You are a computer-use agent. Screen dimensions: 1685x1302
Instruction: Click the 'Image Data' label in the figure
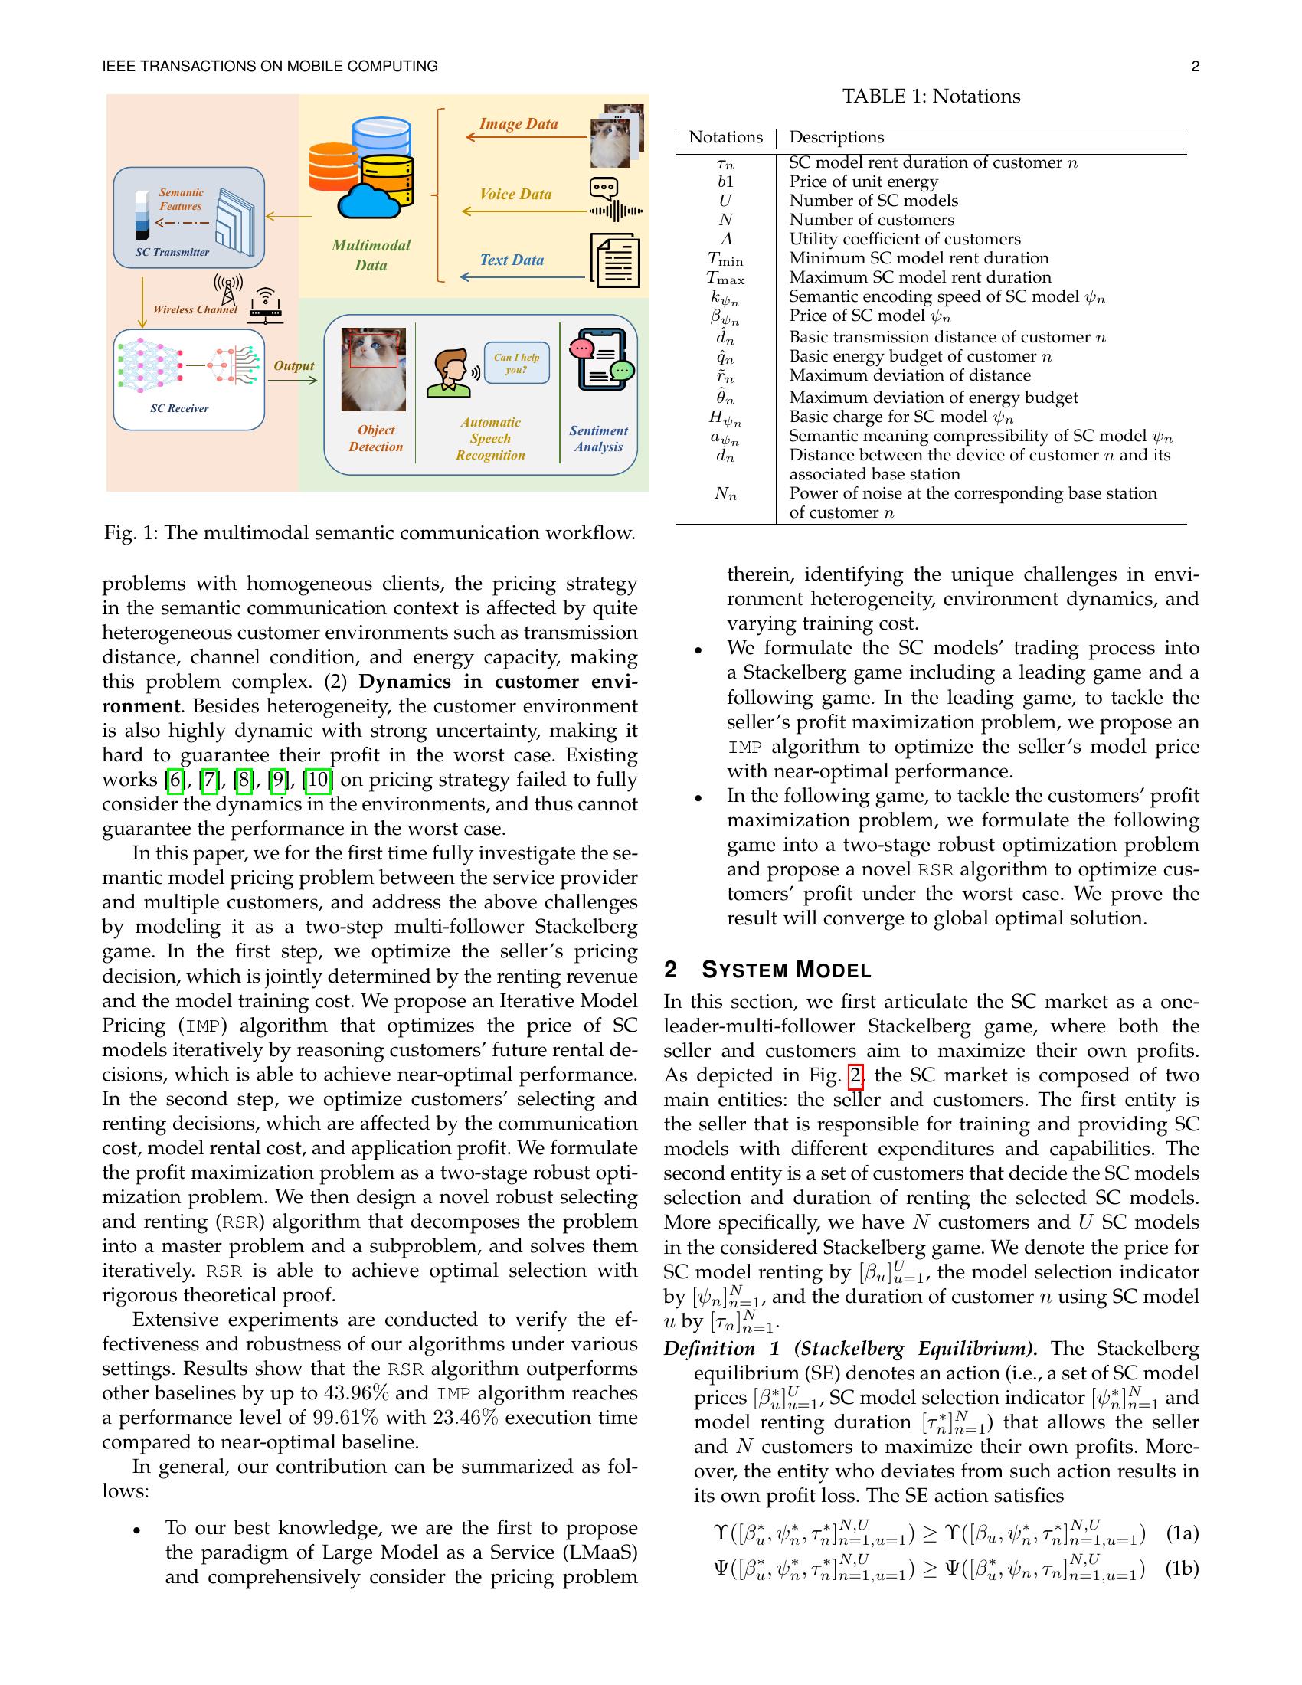tap(519, 124)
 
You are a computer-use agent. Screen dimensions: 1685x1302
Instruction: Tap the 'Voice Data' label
tap(515, 195)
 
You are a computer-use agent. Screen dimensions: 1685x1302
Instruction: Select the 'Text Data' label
tap(512, 260)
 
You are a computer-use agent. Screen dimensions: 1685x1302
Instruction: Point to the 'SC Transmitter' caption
tap(172, 252)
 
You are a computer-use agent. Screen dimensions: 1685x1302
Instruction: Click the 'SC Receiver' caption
tap(179, 408)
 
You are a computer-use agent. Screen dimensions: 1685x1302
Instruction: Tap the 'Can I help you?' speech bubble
tap(516, 363)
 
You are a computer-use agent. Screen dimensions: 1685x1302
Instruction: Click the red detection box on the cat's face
tap(373, 348)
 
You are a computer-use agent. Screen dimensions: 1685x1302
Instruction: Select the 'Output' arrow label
tap(294, 365)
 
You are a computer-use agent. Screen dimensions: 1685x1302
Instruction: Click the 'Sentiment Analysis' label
tap(599, 438)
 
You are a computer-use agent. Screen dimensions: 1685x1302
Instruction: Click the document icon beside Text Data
tap(615, 260)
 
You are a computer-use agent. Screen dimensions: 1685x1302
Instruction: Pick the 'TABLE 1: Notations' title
tap(931, 97)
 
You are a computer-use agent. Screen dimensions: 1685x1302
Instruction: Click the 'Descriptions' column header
tap(836, 137)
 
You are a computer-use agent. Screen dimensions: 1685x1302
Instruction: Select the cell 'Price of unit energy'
tap(863, 182)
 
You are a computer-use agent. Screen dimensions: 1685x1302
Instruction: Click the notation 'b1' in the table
tap(725, 182)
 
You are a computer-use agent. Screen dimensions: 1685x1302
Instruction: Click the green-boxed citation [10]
tap(319, 780)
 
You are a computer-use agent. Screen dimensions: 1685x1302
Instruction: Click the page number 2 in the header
tap(1195, 67)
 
